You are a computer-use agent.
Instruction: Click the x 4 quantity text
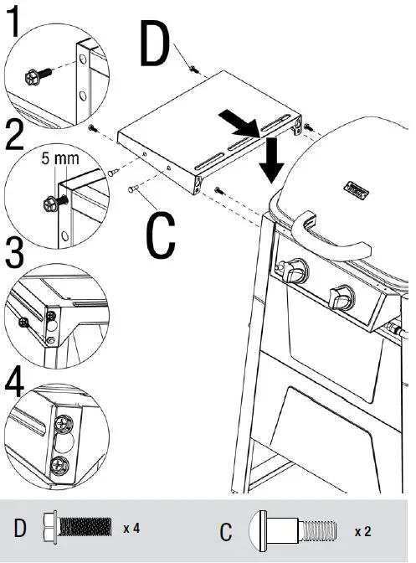click(132, 529)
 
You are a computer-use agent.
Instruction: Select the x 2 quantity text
click(362, 531)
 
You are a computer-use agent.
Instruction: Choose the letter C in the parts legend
click(226, 531)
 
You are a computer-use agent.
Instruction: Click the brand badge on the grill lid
click(352, 189)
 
